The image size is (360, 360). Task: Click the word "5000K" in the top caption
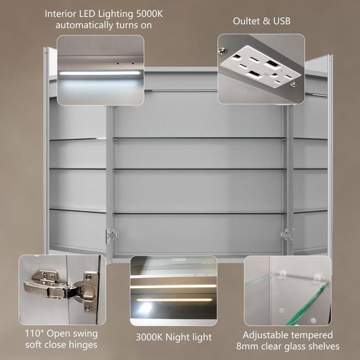pos(150,14)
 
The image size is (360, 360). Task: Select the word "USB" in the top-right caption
pos(282,21)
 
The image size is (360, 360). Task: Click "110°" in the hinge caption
pos(34,334)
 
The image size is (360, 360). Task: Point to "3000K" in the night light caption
pos(149,337)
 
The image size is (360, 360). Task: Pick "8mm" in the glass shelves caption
pos(247,346)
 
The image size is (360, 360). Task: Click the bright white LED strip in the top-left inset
pos(100,73)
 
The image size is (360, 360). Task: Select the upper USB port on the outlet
pos(271,63)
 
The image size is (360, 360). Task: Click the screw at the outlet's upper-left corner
pos(222,51)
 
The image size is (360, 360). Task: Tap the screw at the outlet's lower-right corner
pos(293,84)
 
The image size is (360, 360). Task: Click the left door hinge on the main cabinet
pos(112,235)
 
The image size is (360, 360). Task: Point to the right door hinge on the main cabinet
pos(288,235)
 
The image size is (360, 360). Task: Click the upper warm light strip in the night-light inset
pos(173,287)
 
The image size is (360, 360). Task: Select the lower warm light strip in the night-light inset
pos(174,300)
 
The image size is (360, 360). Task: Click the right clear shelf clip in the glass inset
pos(317,278)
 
